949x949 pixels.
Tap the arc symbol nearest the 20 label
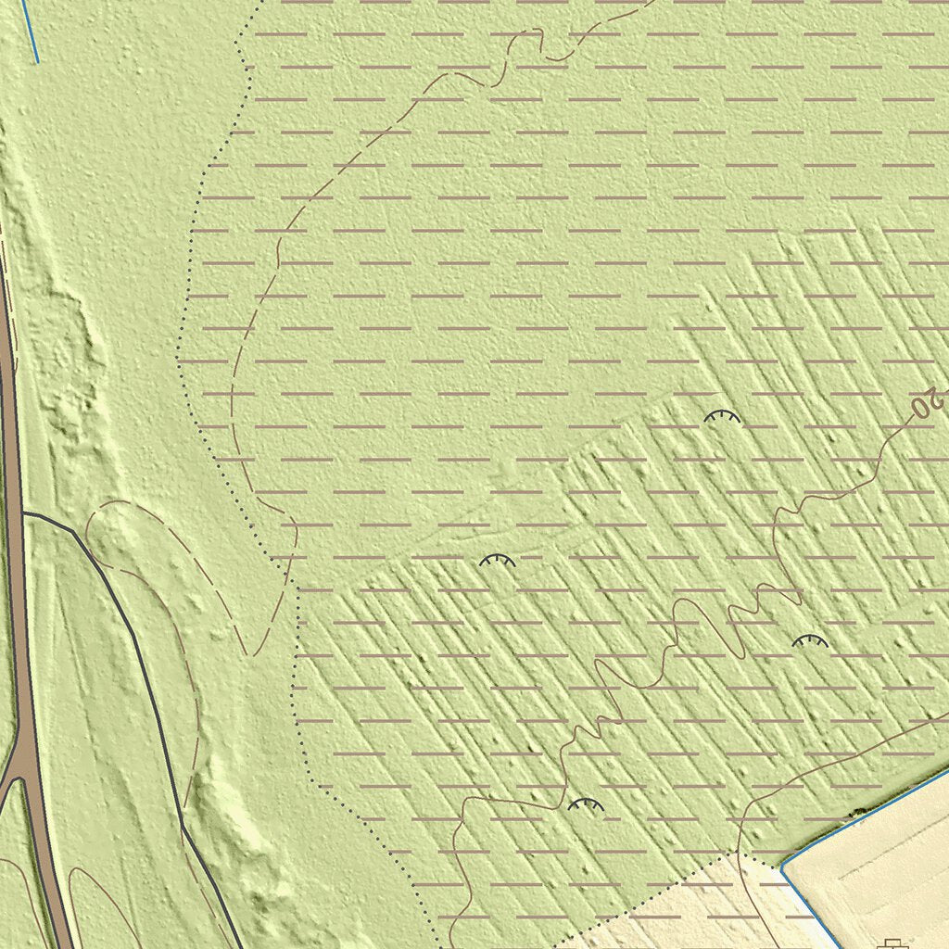(x=723, y=418)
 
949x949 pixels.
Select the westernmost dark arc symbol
(x=497, y=561)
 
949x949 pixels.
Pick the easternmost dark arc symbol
(x=810, y=640)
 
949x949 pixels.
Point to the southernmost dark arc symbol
(x=586, y=804)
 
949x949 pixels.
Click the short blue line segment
(x=30, y=32)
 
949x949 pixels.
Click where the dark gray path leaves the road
(x=22, y=512)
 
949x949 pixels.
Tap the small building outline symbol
(x=892, y=943)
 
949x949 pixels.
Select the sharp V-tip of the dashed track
(x=248, y=654)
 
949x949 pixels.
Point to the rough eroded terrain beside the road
(x=65, y=371)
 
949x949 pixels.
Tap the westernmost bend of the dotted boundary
(x=177, y=357)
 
